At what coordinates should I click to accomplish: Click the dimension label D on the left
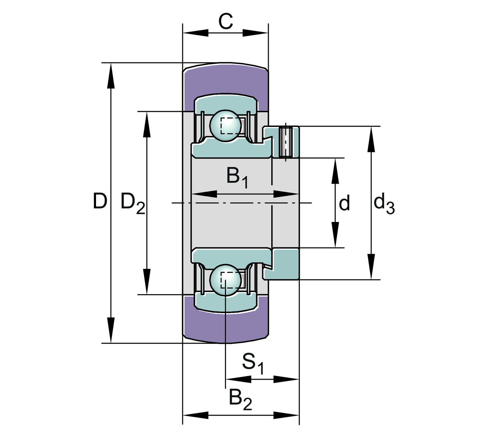100,201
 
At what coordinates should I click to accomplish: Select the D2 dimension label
132,202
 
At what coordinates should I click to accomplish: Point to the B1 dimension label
237,177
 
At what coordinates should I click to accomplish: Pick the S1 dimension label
253,363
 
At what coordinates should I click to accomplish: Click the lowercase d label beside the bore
344,203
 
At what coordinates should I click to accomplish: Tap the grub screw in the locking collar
286,142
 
